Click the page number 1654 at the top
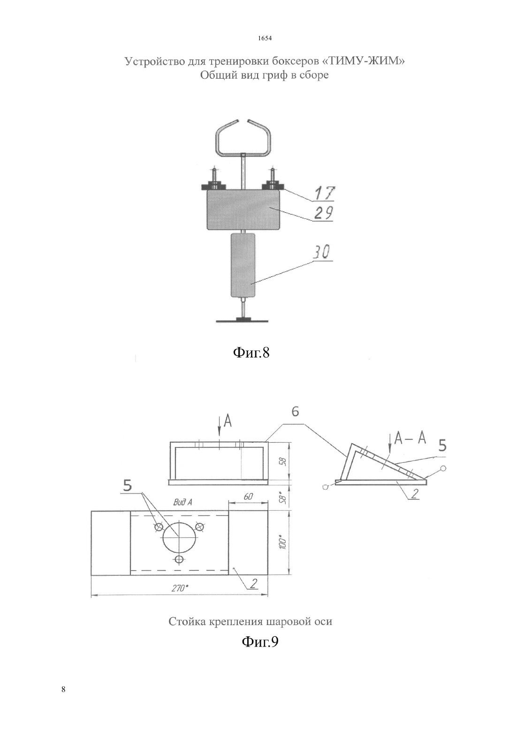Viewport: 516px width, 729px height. [265, 38]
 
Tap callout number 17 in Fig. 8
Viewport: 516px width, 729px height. [325, 193]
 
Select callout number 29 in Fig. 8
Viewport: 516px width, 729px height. [324, 213]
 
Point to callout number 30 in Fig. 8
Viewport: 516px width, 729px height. [321, 252]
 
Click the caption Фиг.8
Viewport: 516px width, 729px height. [251, 352]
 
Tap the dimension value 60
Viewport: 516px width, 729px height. [248, 497]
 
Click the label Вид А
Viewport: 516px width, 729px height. [182, 502]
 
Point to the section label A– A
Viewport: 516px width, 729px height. [410, 439]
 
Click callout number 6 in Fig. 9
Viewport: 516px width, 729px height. [295, 412]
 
